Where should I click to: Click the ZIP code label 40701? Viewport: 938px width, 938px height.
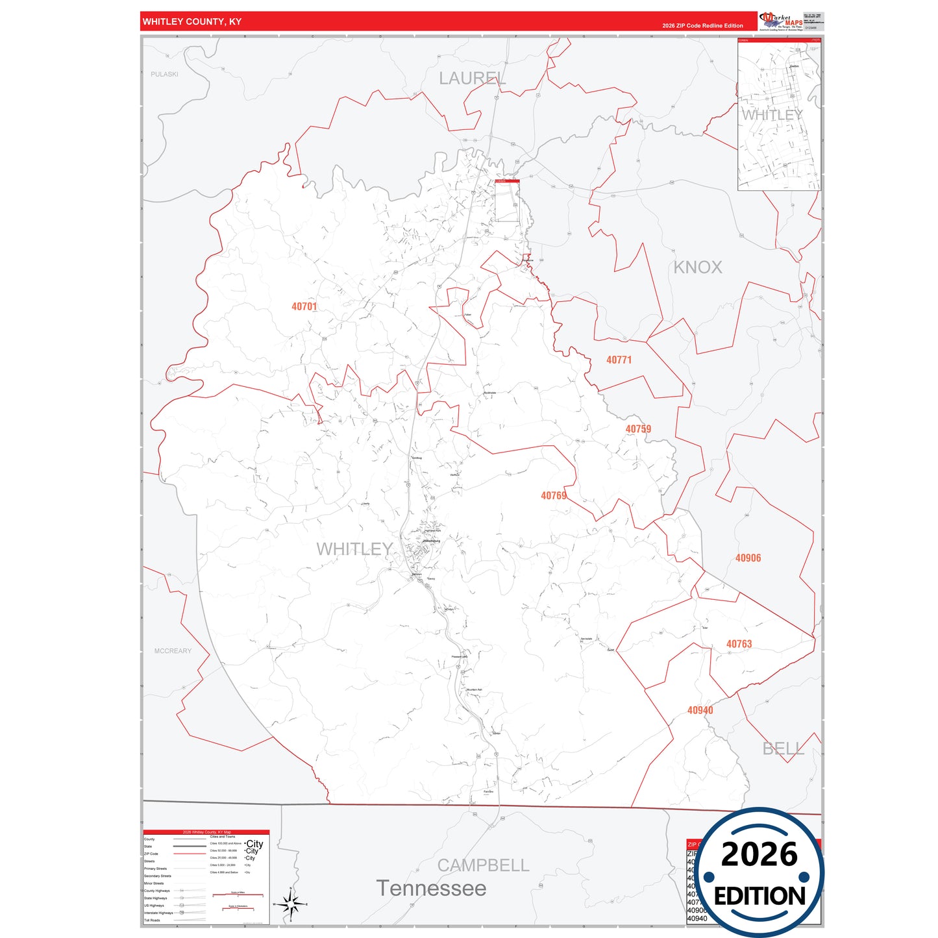(x=304, y=306)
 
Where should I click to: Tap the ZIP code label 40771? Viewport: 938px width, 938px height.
(x=619, y=360)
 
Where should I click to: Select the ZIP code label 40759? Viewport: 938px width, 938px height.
(x=638, y=429)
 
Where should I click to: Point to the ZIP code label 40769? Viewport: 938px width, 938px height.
(x=554, y=496)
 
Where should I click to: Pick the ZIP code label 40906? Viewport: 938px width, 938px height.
(x=748, y=558)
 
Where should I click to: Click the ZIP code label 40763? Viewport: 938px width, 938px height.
(x=739, y=644)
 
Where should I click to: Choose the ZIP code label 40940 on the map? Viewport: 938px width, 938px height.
(x=700, y=710)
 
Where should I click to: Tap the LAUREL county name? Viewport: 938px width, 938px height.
(x=472, y=79)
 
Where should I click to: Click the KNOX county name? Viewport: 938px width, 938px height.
(x=697, y=267)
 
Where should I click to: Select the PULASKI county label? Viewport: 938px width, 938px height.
(x=164, y=74)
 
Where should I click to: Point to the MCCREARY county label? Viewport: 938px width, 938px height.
(x=173, y=651)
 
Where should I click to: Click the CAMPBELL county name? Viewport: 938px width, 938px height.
(x=483, y=865)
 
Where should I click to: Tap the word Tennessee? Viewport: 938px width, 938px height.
(x=431, y=888)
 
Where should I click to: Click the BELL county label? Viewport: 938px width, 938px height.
(x=783, y=749)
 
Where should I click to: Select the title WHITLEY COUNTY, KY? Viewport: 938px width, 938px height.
(x=192, y=22)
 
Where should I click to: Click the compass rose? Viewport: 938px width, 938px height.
(x=291, y=904)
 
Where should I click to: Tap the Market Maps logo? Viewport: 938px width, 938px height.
(x=781, y=21)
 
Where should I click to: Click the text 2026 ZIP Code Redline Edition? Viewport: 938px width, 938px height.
(x=702, y=26)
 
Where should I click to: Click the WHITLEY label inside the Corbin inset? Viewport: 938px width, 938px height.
(x=772, y=115)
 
